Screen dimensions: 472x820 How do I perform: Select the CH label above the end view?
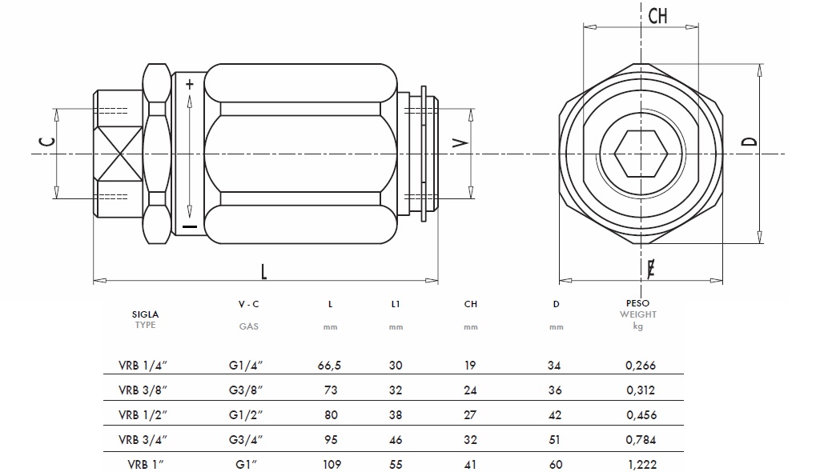[657, 16]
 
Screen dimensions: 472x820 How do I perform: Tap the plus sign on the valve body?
[189, 83]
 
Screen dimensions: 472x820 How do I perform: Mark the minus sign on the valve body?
[189, 227]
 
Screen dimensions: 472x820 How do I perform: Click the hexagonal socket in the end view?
[641, 153]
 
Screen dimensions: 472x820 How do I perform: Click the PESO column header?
[637, 304]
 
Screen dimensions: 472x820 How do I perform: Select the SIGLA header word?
[146, 314]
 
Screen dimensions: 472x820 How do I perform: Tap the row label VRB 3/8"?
[143, 390]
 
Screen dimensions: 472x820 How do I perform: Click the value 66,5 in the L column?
[330, 366]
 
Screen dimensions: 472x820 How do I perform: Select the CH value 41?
[470, 465]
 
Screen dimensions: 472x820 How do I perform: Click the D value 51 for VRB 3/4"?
[556, 440]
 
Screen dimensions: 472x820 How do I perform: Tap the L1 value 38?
[396, 415]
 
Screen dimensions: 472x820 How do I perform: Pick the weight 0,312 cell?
[640, 390]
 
